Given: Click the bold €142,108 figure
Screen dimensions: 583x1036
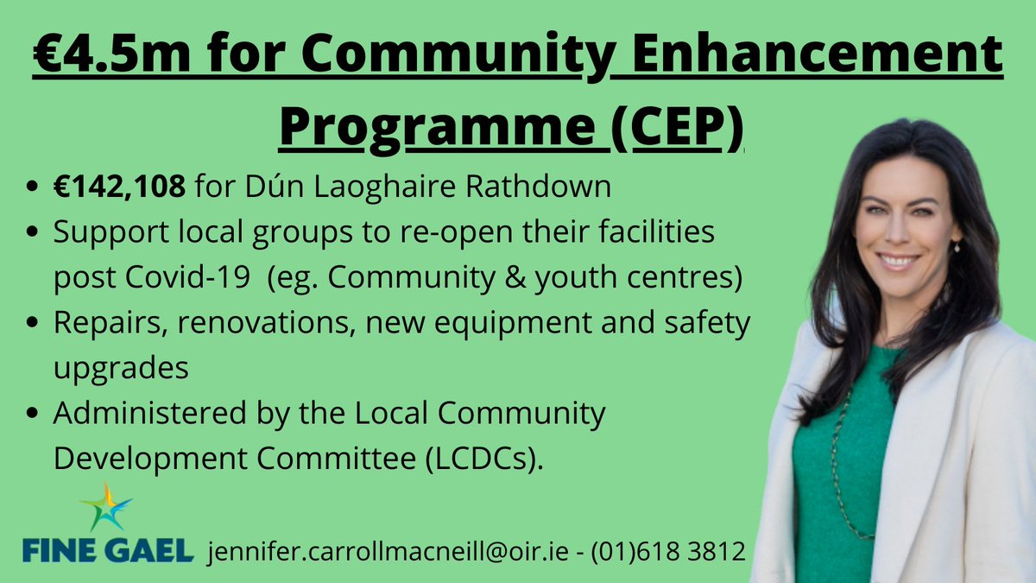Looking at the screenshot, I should tap(119, 187).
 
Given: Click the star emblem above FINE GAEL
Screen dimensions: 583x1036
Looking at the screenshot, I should tap(106, 508).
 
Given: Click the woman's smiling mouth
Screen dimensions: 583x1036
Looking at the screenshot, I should tap(898, 259).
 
